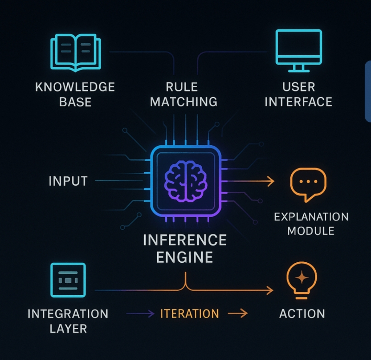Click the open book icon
coord(76,53)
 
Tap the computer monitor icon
coord(299,51)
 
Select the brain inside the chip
coord(186,181)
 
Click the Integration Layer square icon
coord(68,280)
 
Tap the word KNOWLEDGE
coord(75,87)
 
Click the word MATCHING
coord(183,102)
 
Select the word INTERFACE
coord(299,102)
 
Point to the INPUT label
coord(68,181)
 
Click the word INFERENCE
coord(185,240)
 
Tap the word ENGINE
coord(184,257)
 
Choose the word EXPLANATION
coord(311,217)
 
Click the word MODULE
coord(311,231)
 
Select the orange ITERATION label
coord(190,314)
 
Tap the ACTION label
coord(302,314)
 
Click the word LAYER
coord(68,329)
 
